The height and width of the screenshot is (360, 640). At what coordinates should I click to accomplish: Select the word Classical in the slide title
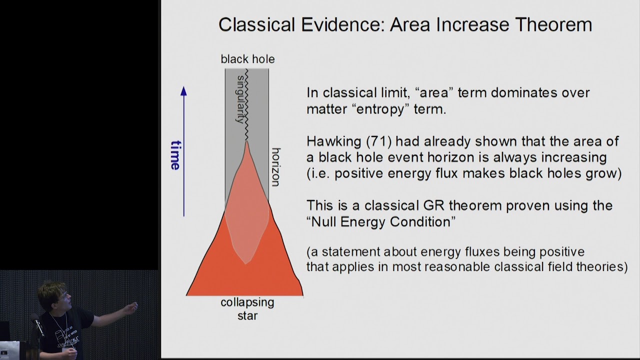259,24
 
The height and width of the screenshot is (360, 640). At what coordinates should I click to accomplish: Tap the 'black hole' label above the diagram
247,59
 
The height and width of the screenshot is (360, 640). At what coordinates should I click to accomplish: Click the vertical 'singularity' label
241,98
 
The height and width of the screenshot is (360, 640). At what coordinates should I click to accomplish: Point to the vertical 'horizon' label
275,166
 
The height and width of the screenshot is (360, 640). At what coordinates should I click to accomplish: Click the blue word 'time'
175,155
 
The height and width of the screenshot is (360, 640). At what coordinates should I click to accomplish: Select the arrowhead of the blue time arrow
183,91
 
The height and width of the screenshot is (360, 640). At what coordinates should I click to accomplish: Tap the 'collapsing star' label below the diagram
247,308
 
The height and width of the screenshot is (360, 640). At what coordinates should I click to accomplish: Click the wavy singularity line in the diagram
246,105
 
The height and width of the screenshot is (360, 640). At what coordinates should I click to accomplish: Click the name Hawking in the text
334,141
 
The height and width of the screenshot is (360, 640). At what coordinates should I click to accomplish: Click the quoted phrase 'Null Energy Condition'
380,221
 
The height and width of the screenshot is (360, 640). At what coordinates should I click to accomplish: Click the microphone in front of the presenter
37,325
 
